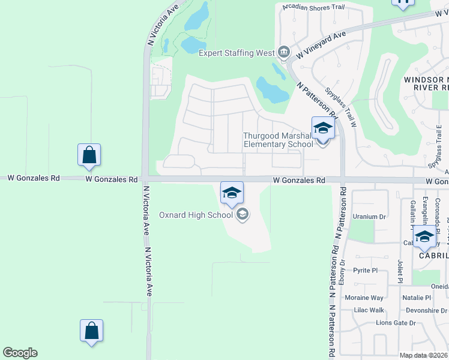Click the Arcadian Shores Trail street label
tap(314, 7)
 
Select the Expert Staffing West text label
tap(237, 53)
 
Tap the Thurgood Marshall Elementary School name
tap(277, 140)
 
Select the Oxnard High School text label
tap(196, 215)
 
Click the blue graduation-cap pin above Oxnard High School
tap(232, 193)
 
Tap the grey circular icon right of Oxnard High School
tap(243, 214)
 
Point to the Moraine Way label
tap(364, 298)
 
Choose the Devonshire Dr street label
tap(427, 310)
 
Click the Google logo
tap(20, 353)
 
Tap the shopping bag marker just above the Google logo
tap(91, 331)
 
